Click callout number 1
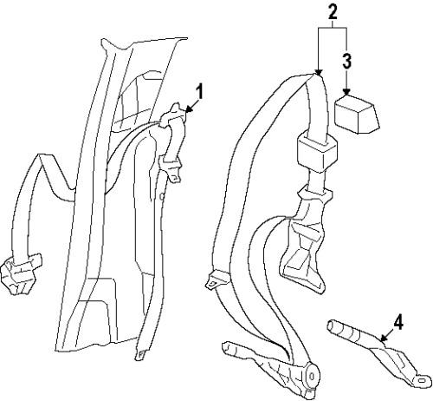pyautogui.click(x=199, y=92)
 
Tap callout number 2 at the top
pyautogui.click(x=333, y=12)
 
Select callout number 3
pyautogui.click(x=346, y=61)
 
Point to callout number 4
pyautogui.click(x=398, y=323)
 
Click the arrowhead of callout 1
pyautogui.click(x=189, y=109)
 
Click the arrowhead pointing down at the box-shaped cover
pyautogui.click(x=346, y=93)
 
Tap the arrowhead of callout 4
pyautogui.click(x=384, y=339)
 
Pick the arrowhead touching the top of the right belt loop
pyautogui.click(x=319, y=72)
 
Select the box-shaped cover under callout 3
pyautogui.click(x=357, y=115)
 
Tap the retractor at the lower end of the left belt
pyautogui.click(x=20, y=273)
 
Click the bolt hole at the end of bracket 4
pyautogui.click(x=421, y=380)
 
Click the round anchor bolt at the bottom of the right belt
pyautogui.click(x=312, y=377)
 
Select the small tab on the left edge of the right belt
pyautogui.click(x=216, y=279)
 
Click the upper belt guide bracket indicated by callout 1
pyautogui.click(x=172, y=115)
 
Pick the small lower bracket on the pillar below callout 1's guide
pyautogui.click(x=171, y=169)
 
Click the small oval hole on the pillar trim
pyautogui.click(x=162, y=197)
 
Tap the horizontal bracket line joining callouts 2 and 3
pyautogui.click(x=333, y=28)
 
